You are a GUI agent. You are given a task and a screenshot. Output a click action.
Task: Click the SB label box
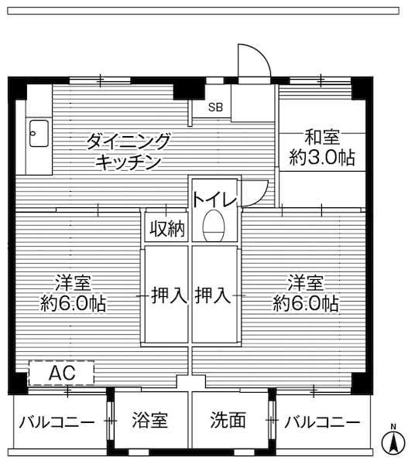click(x=215, y=107)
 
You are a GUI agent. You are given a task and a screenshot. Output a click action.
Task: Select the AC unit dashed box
click(x=61, y=374)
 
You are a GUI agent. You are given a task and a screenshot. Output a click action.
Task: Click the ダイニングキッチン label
click(x=128, y=152)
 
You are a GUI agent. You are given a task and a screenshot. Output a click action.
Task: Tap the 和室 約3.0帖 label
click(x=322, y=148)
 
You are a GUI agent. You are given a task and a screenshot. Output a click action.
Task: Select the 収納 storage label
click(x=166, y=228)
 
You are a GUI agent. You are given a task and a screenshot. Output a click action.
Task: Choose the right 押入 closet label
click(x=212, y=295)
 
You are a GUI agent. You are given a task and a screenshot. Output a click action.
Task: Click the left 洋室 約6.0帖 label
click(x=74, y=292)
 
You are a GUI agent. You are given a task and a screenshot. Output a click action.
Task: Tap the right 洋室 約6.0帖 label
click(x=305, y=292)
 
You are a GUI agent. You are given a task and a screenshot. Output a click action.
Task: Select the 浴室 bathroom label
click(x=149, y=421)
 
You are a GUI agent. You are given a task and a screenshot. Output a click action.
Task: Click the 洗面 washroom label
click(x=228, y=421)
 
